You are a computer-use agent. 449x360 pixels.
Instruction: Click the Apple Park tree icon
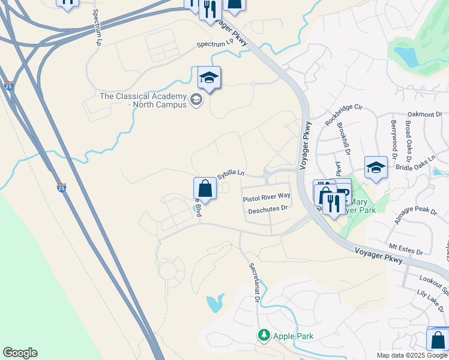click(x=263, y=335)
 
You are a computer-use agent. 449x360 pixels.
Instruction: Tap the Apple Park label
click(x=293, y=335)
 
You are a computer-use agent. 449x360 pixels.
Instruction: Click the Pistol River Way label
click(x=266, y=197)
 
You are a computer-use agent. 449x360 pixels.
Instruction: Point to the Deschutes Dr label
click(x=268, y=209)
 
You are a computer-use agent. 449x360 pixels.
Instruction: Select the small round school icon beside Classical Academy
click(x=196, y=99)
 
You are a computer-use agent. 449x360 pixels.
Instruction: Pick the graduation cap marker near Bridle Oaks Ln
click(x=376, y=168)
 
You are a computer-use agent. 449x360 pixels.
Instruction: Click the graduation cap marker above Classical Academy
click(x=209, y=77)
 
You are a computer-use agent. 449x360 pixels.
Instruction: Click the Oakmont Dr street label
click(x=424, y=113)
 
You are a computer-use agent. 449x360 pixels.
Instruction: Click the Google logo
click(x=20, y=353)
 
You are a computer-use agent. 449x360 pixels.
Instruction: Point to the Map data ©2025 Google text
click(x=411, y=355)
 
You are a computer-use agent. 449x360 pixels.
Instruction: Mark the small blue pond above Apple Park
click(x=214, y=303)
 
